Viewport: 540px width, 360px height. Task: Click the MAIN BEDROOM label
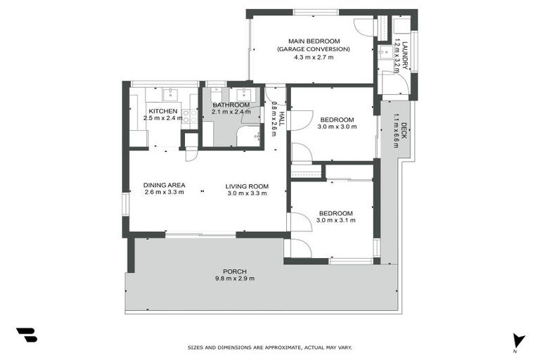tap(314, 41)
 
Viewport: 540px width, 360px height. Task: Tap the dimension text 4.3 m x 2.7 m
tap(314, 57)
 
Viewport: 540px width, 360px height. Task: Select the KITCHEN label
tap(162, 111)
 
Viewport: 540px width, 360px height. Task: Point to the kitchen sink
tap(170, 94)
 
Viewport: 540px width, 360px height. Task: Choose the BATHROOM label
tap(231, 105)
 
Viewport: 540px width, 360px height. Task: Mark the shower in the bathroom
tap(249, 136)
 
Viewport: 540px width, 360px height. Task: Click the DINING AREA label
tap(164, 185)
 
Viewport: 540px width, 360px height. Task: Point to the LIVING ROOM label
tap(247, 186)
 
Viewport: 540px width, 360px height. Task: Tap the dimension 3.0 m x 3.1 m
tap(336, 220)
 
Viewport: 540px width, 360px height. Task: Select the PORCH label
tap(235, 271)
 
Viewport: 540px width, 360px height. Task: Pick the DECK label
tap(404, 130)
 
